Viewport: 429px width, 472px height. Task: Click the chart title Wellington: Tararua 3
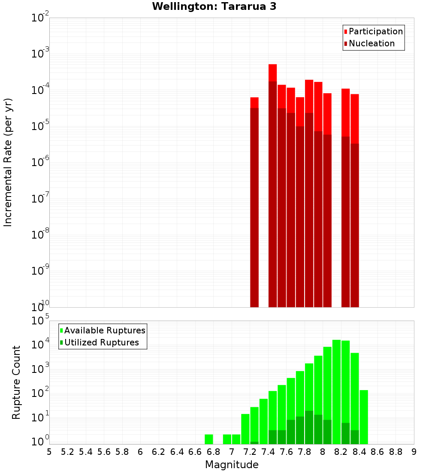coord(214,6)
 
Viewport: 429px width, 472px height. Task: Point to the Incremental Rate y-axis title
coord(8,162)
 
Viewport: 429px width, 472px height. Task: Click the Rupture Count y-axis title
coord(16,382)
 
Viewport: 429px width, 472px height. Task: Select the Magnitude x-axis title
coord(232,465)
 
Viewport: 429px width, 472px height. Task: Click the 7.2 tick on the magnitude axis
coord(250,452)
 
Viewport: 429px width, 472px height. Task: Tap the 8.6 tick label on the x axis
coord(378,452)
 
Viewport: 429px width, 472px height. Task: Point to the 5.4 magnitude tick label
coord(86,452)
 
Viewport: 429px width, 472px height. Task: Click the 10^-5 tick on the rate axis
coord(39,126)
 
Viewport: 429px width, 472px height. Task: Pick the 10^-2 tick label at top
coord(39,18)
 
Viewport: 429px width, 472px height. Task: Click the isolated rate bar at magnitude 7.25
coord(254,206)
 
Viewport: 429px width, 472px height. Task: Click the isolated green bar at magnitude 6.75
coord(209,439)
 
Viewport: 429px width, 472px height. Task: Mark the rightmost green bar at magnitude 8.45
coord(364,417)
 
